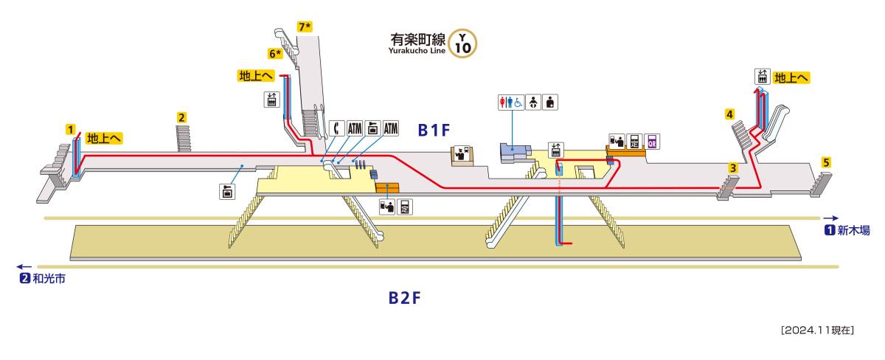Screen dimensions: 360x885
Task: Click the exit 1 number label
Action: coord(71,129)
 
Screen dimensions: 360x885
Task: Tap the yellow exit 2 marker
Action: coord(181,117)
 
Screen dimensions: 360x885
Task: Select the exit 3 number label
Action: coord(733,167)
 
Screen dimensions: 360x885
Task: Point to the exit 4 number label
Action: coord(729,114)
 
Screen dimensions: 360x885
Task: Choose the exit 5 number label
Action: coord(827,162)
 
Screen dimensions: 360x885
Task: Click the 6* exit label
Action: coord(275,54)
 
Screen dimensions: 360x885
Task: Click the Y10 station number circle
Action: coord(462,44)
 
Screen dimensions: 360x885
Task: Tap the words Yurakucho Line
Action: coord(417,51)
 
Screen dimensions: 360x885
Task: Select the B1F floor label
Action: coord(434,130)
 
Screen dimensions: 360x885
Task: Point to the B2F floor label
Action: coord(404,298)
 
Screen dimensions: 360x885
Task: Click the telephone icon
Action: coord(336,129)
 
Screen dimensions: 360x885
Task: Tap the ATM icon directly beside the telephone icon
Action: coord(354,129)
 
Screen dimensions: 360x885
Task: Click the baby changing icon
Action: coord(534,103)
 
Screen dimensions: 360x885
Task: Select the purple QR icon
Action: coord(651,142)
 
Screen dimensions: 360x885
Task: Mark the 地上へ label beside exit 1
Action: coord(104,137)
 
